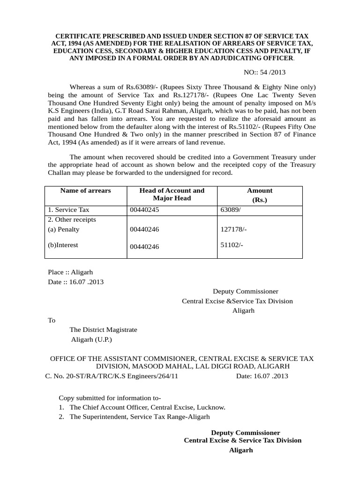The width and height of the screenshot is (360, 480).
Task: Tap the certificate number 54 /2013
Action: click(272, 73)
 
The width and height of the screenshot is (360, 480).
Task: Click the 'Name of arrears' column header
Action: click(85, 191)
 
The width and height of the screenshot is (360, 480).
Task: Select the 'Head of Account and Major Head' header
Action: click(172, 195)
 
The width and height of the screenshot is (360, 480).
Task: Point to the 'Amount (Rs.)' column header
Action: click(260, 195)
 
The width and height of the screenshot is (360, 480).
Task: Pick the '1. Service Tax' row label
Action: click(68, 210)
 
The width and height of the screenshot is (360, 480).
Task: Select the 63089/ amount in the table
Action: click(232, 210)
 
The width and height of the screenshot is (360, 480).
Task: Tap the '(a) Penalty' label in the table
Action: click(64, 230)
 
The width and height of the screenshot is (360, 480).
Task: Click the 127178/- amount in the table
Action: click(233, 230)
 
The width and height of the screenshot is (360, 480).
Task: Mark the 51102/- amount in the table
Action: click(231, 245)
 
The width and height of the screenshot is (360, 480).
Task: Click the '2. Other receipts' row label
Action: click(72, 219)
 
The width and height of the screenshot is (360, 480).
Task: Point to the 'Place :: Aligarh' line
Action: click(71, 272)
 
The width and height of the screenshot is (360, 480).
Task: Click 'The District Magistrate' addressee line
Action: click(103, 330)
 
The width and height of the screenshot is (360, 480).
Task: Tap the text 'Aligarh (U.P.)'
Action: click(91, 339)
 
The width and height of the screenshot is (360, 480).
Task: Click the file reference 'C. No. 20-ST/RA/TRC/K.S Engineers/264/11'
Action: click(111, 376)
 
